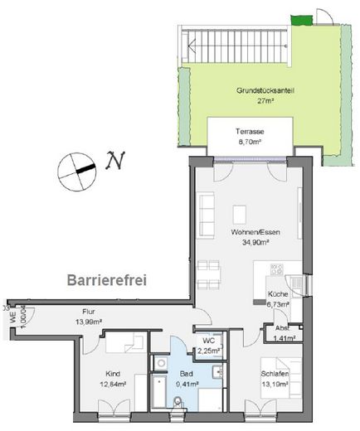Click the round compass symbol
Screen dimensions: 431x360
[x=73, y=172]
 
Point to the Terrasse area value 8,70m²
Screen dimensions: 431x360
[x=250, y=143]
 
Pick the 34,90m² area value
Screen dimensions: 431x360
[x=255, y=244]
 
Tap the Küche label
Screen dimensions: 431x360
[x=277, y=294]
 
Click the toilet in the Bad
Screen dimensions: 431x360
[x=180, y=405]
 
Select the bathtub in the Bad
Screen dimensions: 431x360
[x=158, y=385]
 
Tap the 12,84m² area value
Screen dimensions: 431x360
[x=114, y=384]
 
